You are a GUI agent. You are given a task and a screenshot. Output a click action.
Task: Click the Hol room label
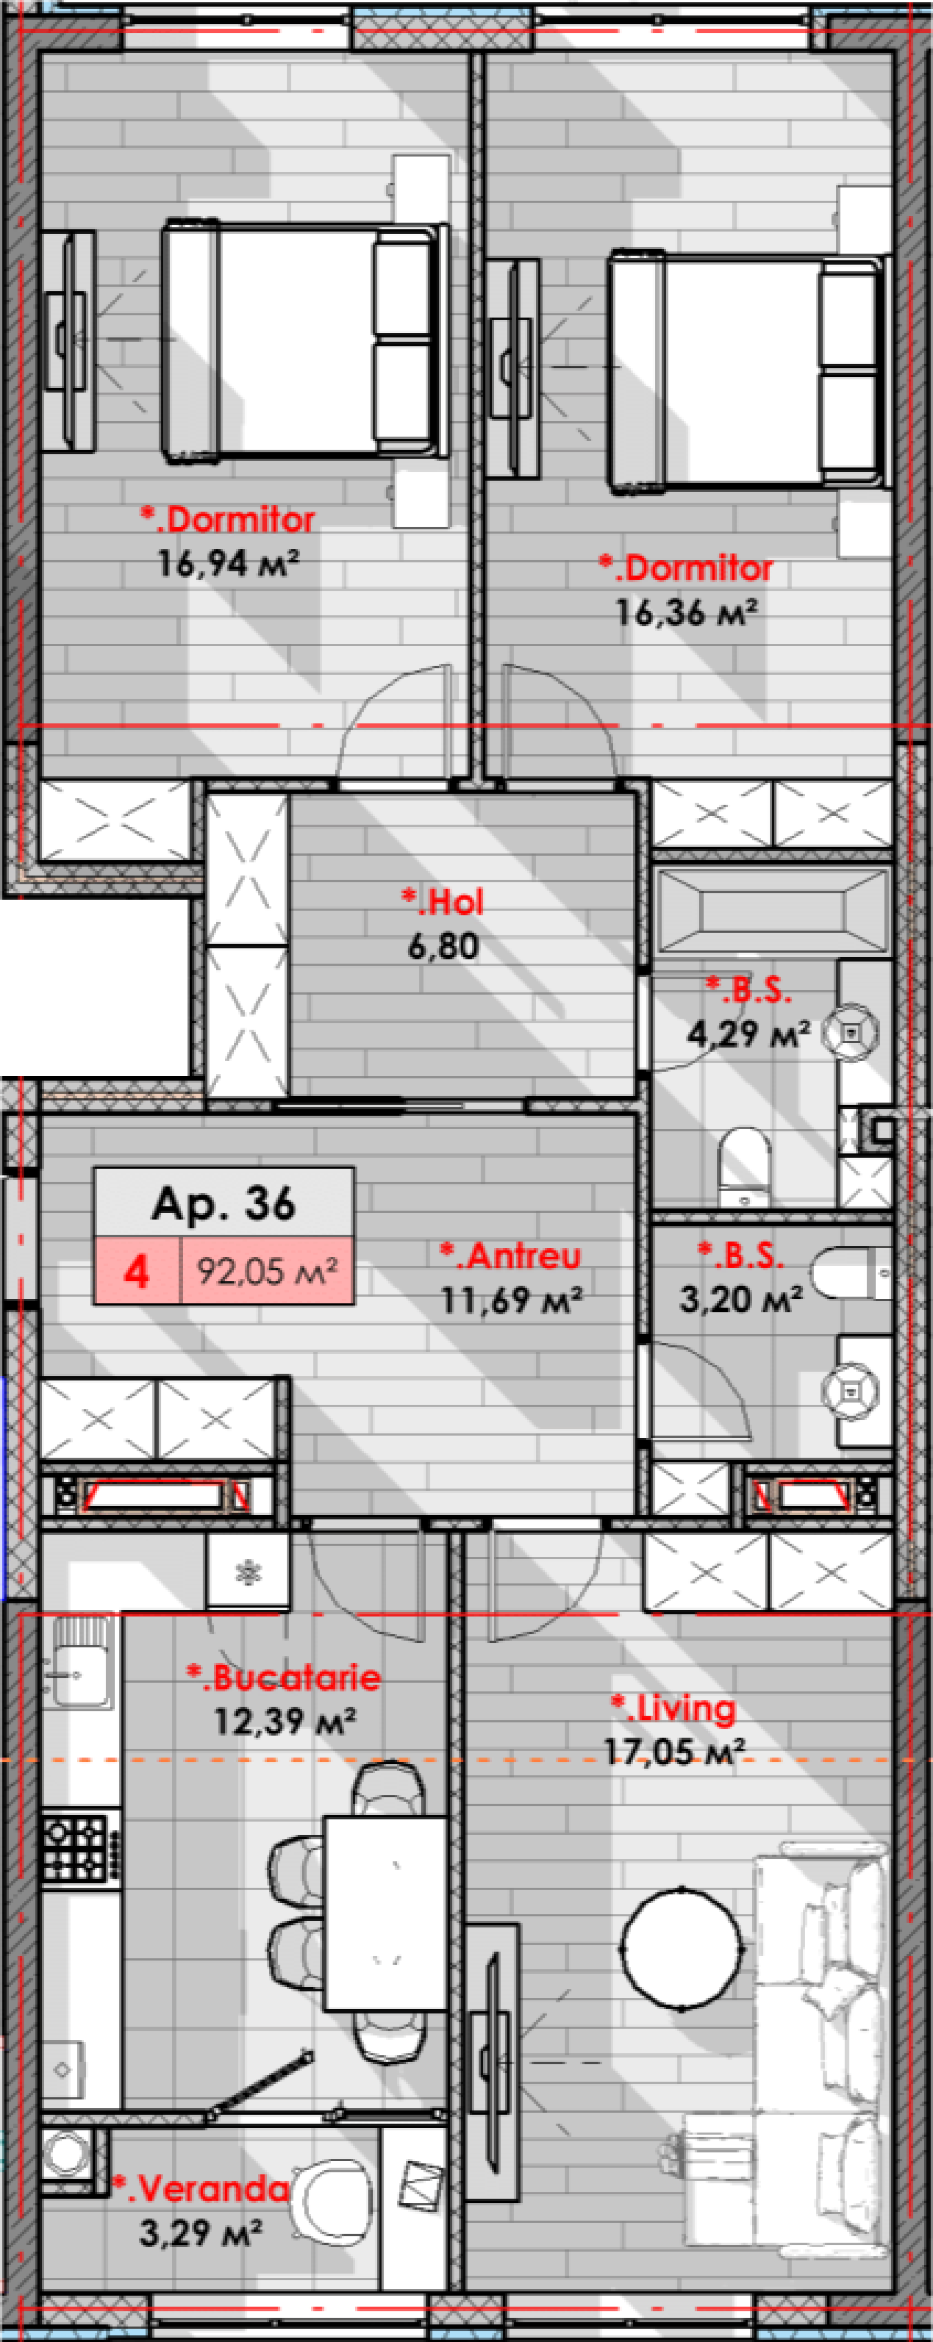(x=443, y=902)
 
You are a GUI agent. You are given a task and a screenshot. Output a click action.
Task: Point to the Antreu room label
(x=510, y=1256)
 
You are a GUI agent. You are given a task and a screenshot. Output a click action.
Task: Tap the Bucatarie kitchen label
(x=284, y=1677)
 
